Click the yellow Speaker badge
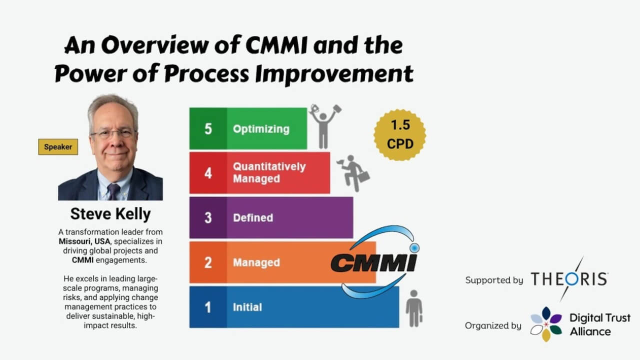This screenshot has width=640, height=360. click(x=58, y=147)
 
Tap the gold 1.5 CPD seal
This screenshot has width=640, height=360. click(x=399, y=135)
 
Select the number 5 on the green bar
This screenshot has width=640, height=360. click(x=208, y=128)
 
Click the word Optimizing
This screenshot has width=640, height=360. click(x=261, y=128)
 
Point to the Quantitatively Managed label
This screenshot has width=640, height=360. click(x=269, y=172)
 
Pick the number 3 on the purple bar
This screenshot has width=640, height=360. click(x=208, y=218)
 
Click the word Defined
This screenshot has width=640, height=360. click(x=253, y=218)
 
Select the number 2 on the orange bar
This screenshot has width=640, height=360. click(x=208, y=262)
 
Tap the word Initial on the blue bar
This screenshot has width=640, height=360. click(x=247, y=307)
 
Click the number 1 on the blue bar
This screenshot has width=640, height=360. click(x=208, y=307)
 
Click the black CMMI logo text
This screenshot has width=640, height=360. click(x=373, y=262)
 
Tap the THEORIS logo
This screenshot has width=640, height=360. click(x=569, y=279)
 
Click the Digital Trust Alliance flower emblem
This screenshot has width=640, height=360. click(x=546, y=324)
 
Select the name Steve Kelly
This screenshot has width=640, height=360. click(x=110, y=214)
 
